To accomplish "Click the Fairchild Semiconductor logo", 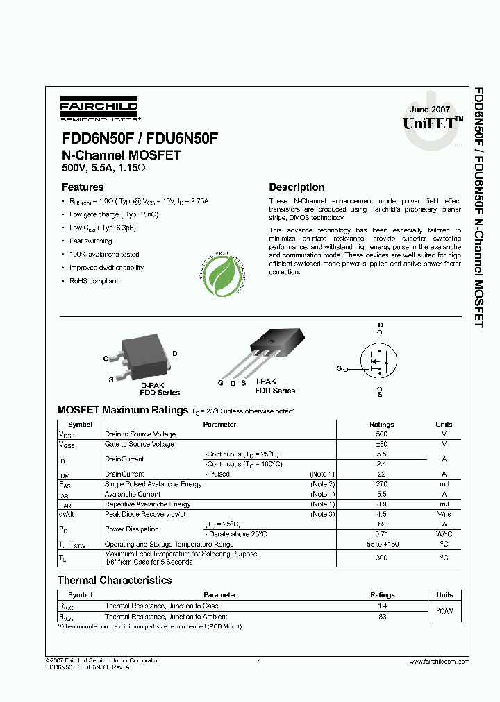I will tap(99, 109).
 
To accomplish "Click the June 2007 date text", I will tap(429, 110).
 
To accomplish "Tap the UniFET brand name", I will tap(429, 123).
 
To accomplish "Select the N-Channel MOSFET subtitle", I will tap(122, 155).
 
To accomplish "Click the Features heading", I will tap(83, 187).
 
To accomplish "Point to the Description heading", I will tap(297, 187).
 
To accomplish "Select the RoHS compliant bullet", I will tap(94, 281).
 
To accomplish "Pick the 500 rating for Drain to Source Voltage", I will tap(381, 434).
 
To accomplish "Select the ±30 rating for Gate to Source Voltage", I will tap(381, 444).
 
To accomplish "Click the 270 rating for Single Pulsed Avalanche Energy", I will tap(381, 483).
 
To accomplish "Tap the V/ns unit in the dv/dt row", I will tap(444, 514).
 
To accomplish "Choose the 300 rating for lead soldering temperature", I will tap(381, 557).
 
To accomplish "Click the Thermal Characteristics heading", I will tap(115, 580).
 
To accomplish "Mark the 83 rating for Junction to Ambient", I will tap(382, 616).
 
